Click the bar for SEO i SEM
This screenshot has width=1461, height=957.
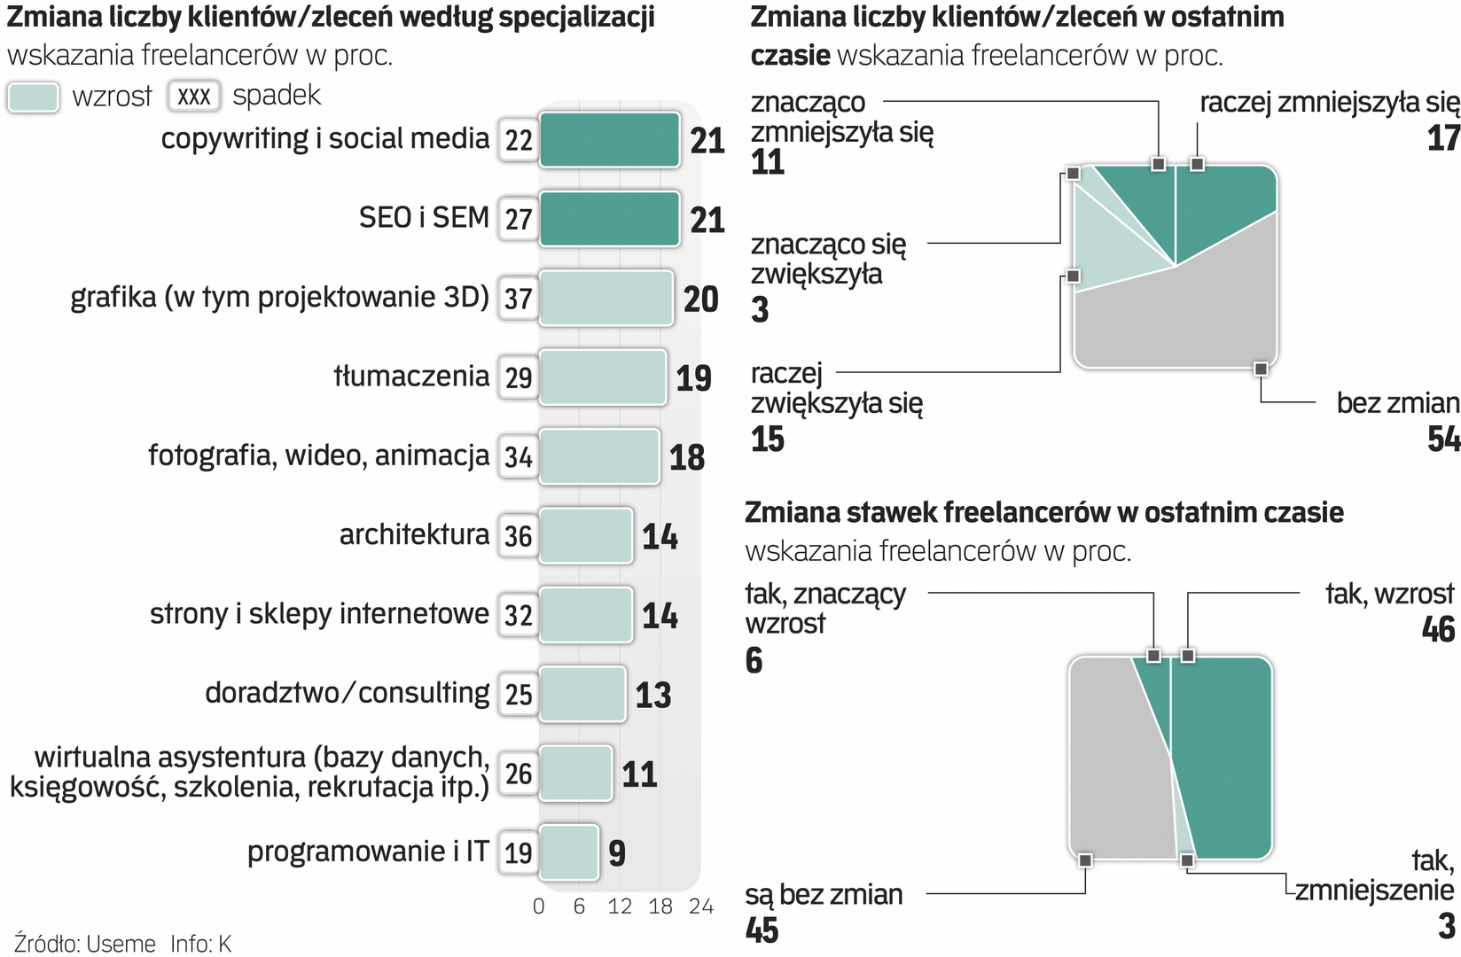tap(609, 219)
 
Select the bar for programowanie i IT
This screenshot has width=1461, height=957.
tap(568, 852)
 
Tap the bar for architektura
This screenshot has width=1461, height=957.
tap(585, 535)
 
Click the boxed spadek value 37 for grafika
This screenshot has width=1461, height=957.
tap(519, 299)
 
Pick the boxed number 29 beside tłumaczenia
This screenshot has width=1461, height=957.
tap(519, 377)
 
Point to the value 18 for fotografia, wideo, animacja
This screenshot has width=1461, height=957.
tap(687, 457)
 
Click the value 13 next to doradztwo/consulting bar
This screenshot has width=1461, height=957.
tap(653, 695)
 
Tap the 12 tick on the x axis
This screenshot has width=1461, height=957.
tap(620, 906)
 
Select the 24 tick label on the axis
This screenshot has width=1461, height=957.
tap(700, 906)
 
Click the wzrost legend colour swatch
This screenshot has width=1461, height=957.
tap(34, 97)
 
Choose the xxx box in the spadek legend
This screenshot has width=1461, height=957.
tap(194, 97)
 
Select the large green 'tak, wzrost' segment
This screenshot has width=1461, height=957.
tap(1228, 753)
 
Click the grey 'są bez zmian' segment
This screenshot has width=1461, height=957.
tap(1117, 762)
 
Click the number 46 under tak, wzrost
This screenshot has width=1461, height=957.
tap(1438, 629)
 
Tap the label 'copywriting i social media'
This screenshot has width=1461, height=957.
tap(324, 139)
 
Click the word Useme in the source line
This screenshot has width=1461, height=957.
tap(121, 944)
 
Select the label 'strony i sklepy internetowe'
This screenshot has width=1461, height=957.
tap(319, 613)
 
